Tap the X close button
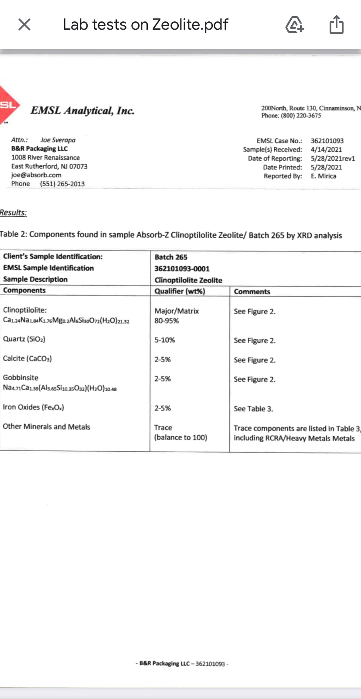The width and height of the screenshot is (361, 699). [x=24, y=24]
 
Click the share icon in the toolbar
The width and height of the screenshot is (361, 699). [x=336, y=24]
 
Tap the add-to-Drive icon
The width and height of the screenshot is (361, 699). [x=295, y=24]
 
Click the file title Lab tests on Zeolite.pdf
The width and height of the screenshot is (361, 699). [x=145, y=24]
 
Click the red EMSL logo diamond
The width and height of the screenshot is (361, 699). [x=8, y=105]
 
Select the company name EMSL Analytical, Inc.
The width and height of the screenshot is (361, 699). [x=82, y=110]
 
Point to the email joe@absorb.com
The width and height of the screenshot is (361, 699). [x=36, y=175]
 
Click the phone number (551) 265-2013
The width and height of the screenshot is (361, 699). [x=62, y=184]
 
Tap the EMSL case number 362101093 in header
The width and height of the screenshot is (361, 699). [x=327, y=141]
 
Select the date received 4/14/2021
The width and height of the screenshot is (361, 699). [x=326, y=149]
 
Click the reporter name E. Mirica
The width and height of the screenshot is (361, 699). [x=323, y=176]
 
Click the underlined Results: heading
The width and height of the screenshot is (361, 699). [x=13, y=213]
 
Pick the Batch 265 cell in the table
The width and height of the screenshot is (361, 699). [x=171, y=257]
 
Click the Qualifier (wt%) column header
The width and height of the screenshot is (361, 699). [x=180, y=291]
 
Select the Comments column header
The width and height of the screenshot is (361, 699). [x=252, y=291]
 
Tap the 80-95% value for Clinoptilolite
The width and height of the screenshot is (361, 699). [x=167, y=321]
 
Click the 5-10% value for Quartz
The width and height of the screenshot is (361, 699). [x=165, y=340]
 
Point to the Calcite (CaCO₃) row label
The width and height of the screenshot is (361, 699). [x=27, y=358]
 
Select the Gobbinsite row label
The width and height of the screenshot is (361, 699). [x=20, y=378]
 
